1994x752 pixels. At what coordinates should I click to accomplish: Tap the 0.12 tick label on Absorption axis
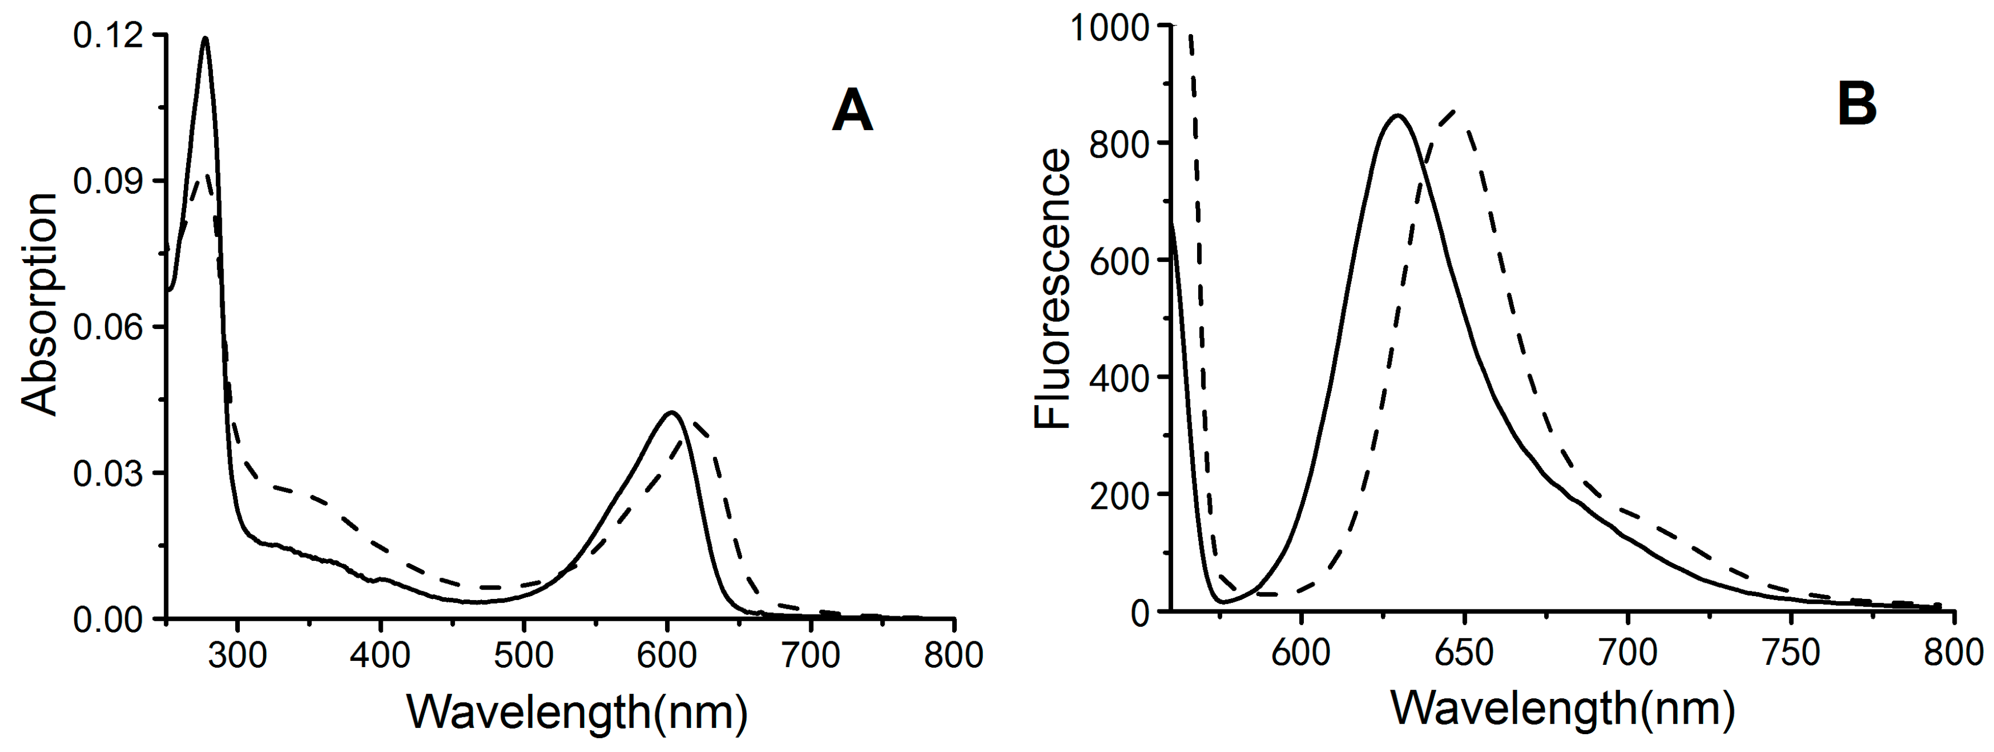click(108, 36)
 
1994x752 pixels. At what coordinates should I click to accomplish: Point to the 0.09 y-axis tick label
click(108, 181)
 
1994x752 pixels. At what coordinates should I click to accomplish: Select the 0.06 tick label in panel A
click(108, 327)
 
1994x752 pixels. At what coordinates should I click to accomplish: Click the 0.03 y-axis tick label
click(108, 473)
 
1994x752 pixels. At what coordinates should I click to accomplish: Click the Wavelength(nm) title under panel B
click(1562, 707)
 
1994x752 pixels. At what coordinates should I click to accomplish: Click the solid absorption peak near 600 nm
click(671, 412)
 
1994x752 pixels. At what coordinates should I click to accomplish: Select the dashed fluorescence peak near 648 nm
click(1456, 111)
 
